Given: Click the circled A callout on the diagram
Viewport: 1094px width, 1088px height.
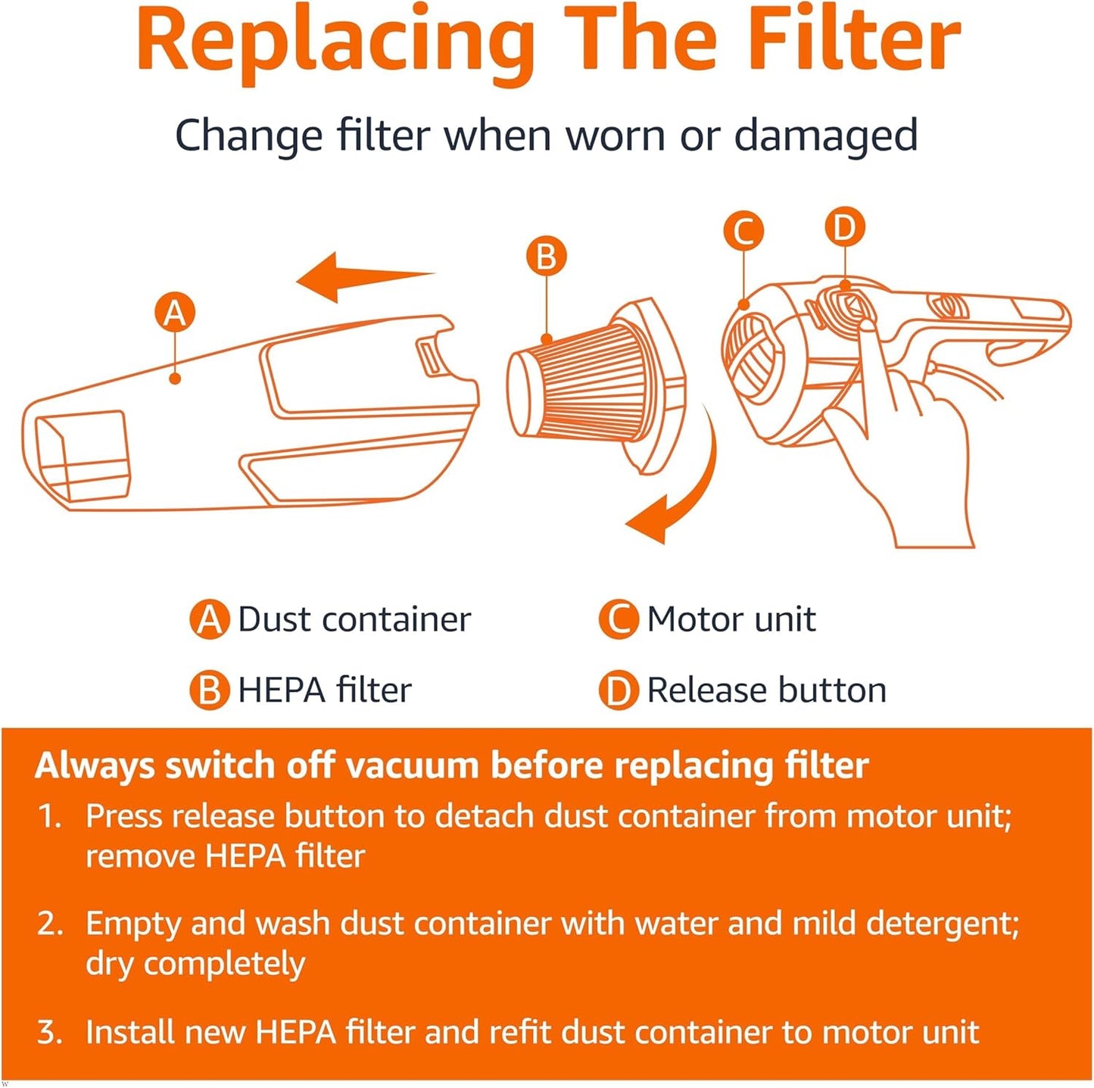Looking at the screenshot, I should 175,313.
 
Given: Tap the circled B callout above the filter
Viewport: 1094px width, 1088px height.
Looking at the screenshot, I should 546,257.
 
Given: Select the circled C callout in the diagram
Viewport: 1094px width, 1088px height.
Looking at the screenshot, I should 743,232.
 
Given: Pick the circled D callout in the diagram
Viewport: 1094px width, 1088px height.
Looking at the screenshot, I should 844,227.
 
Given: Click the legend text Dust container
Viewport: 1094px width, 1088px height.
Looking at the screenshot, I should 354,619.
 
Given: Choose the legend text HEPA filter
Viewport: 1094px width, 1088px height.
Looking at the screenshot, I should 324,690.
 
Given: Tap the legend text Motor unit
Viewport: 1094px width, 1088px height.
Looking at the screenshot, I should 731,619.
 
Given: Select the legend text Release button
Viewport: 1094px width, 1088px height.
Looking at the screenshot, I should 766,690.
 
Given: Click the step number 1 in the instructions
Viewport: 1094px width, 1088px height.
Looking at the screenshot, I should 48,816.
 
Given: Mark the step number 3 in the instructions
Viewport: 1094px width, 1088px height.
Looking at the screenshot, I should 48,1033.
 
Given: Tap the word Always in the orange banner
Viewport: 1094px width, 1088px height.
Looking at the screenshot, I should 95,766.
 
